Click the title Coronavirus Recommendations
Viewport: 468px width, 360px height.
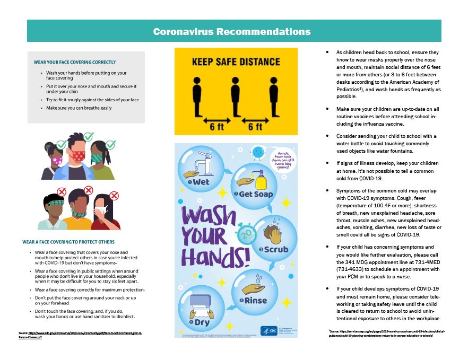coord(232,31)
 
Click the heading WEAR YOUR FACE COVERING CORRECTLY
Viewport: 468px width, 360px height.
coord(74,62)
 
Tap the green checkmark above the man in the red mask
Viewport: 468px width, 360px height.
coord(88,137)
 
